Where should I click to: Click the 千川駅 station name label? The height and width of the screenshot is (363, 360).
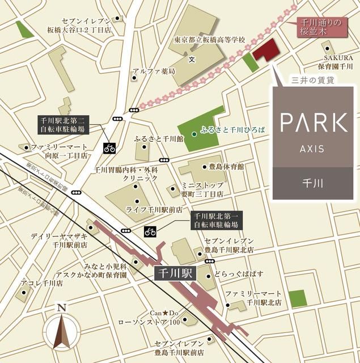click(x=174, y=273)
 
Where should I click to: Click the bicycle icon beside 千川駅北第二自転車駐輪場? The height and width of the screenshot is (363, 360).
click(x=109, y=149)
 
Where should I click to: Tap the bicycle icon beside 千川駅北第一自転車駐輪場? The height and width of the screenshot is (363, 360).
click(x=150, y=231)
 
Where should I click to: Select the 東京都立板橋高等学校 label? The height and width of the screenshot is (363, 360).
click(x=210, y=41)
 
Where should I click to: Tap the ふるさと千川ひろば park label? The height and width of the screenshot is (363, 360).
click(x=232, y=130)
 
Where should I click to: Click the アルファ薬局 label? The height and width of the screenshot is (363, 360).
click(x=154, y=71)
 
